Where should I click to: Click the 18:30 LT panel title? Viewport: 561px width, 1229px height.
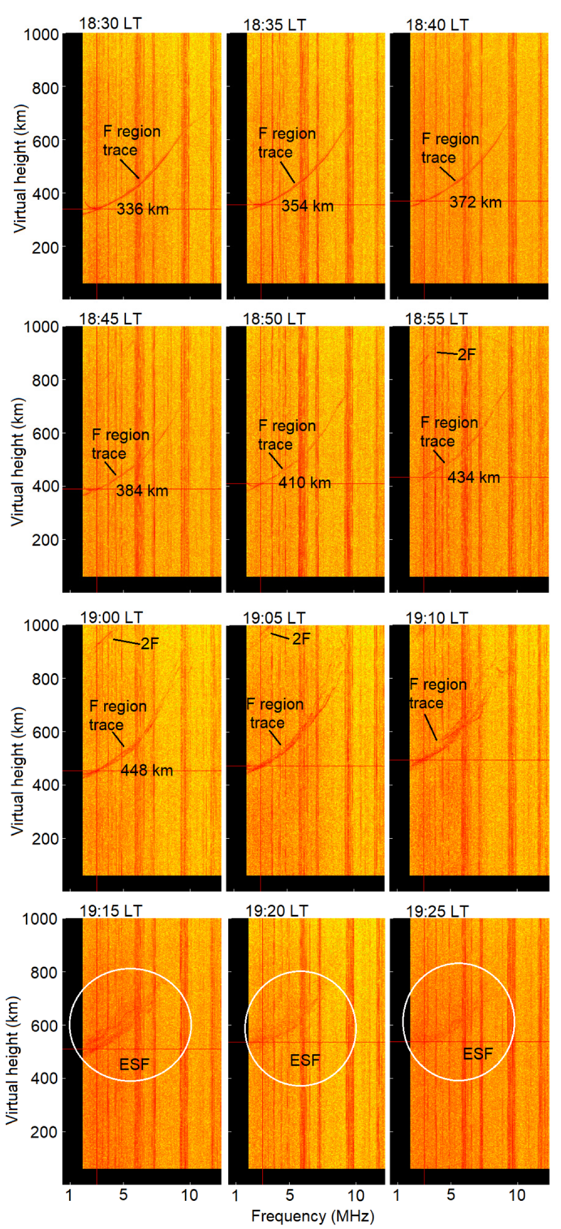[110, 23]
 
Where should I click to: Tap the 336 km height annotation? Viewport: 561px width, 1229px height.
[142, 209]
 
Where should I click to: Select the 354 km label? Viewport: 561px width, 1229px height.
[307, 206]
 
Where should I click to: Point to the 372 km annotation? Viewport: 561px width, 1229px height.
[475, 202]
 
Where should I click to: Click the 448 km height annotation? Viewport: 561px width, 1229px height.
[147, 770]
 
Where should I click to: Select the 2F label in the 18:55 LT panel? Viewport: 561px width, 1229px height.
[467, 354]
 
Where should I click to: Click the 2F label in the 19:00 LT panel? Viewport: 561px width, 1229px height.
[150, 644]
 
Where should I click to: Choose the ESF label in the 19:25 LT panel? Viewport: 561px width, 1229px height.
[477, 1053]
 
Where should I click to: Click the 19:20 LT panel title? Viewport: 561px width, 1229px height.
[277, 911]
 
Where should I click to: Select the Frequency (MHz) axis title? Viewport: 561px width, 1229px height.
[313, 1216]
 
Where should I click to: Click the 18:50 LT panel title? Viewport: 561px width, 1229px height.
[274, 318]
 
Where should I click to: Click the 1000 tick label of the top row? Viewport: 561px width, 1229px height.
[41, 35]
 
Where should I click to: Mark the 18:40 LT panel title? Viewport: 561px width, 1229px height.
[438, 25]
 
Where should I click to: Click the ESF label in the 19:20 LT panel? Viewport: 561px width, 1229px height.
[305, 1060]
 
